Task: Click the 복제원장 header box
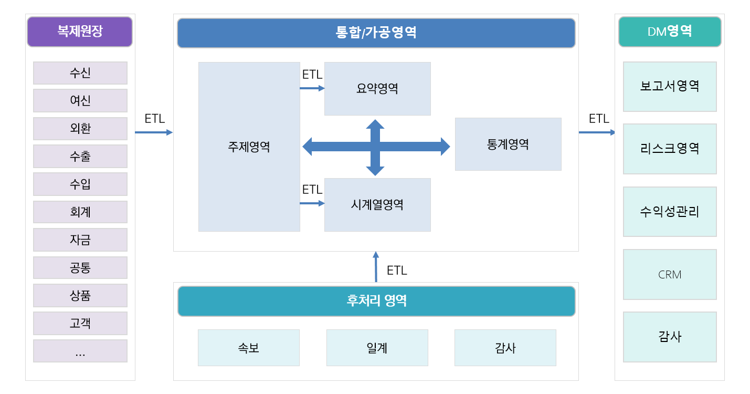click(80, 32)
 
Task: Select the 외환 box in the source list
click(80, 129)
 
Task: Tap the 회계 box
click(80, 212)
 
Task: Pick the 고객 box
click(80, 323)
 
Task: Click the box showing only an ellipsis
click(80, 351)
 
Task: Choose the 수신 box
click(80, 73)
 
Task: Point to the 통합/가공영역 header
click(376, 33)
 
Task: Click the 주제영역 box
click(249, 147)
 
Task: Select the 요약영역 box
click(377, 89)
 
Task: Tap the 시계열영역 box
click(377, 205)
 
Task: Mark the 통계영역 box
click(508, 144)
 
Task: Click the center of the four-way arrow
click(375, 147)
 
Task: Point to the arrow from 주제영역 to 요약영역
click(312, 88)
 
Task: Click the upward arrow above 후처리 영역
click(376, 267)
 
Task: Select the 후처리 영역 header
click(376, 301)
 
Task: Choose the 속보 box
click(248, 348)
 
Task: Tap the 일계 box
click(377, 348)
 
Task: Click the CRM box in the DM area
click(670, 275)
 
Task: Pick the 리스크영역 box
click(670, 149)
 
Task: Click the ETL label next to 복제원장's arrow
click(155, 119)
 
